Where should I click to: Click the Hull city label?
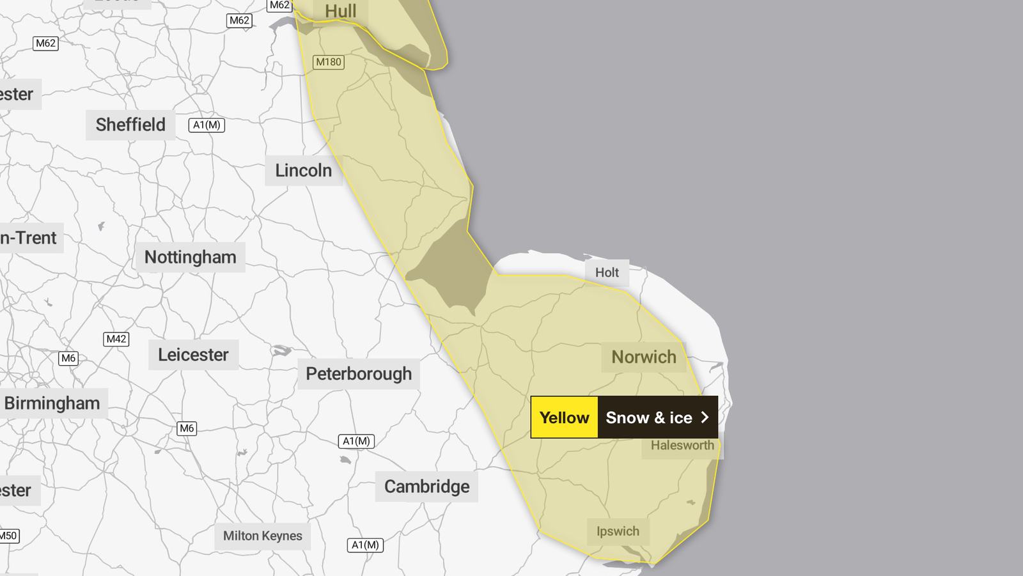[x=340, y=12]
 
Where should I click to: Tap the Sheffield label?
[x=130, y=125]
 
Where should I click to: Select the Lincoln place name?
[x=303, y=171]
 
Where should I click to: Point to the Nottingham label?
[x=190, y=257]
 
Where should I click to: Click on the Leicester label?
[x=193, y=355]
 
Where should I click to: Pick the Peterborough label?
[x=358, y=374]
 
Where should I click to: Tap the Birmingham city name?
[x=52, y=403]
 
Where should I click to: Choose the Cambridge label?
[x=426, y=486]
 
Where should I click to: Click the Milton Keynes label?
[x=262, y=536]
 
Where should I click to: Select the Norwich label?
[x=643, y=357]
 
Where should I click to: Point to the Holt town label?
[x=607, y=272]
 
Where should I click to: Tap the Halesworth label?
[x=682, y=446]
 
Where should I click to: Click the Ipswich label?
[x=618, y=531]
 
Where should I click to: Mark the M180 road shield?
[x=329, y=62]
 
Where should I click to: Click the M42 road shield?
[x=116, y=339]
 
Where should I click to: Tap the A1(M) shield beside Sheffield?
[x=207, y=125]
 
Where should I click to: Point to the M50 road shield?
[x=8, y=536]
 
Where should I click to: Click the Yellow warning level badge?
[x=564, y=417]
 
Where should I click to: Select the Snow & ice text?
[x=648, y=417]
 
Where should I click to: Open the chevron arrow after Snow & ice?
[x=705, y=417]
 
